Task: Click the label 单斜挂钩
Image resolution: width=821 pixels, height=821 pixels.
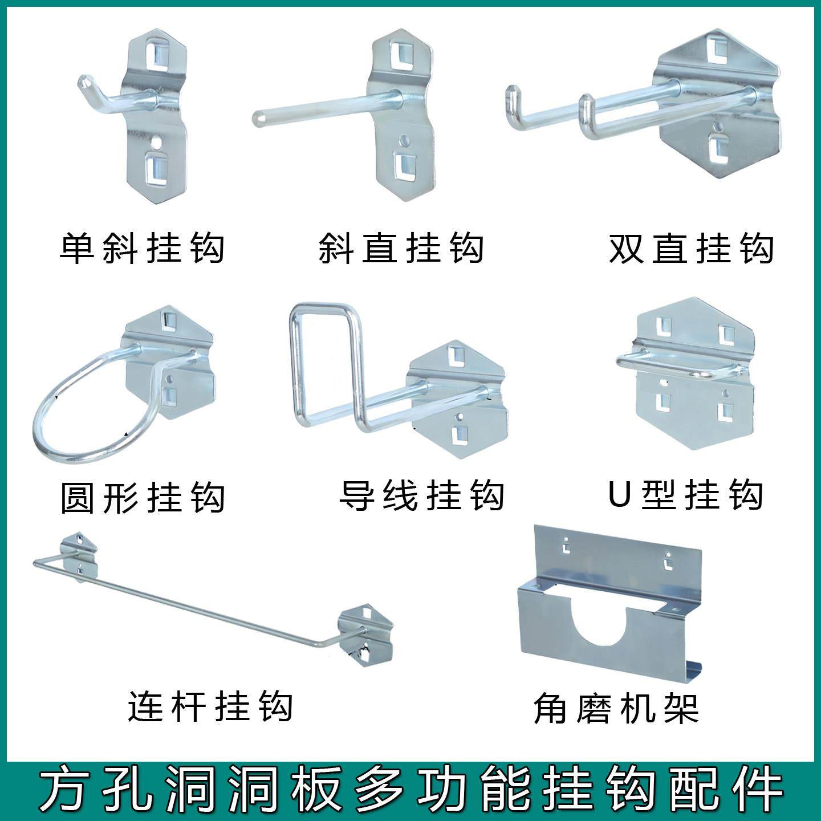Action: point(142,248)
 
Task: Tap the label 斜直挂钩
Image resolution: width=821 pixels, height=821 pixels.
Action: point(401,248)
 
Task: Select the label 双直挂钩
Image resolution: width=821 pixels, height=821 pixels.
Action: point(691,248)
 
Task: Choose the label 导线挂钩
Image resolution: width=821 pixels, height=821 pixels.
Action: point(422,495)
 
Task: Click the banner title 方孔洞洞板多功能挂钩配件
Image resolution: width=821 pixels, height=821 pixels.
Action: point(410,790)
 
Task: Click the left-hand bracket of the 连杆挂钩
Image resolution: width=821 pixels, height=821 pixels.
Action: point(78,556)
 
